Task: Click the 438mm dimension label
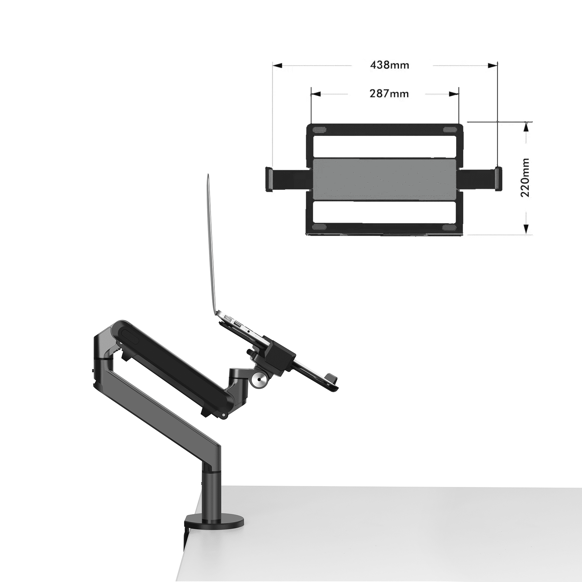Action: click(389, 65)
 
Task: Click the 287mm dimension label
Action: click(389, 94)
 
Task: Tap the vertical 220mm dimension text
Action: click(525, 178)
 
